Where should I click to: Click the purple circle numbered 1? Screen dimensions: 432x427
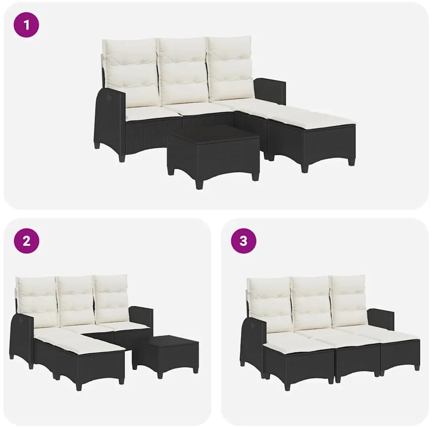[26, 25]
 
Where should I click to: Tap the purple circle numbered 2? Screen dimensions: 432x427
[26, 241]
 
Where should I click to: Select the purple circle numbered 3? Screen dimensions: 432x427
[243, 241]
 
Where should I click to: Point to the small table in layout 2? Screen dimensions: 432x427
[165, 355]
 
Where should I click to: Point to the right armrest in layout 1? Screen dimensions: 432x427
[270, 90]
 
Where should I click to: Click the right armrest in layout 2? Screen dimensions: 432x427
[141, 317]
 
